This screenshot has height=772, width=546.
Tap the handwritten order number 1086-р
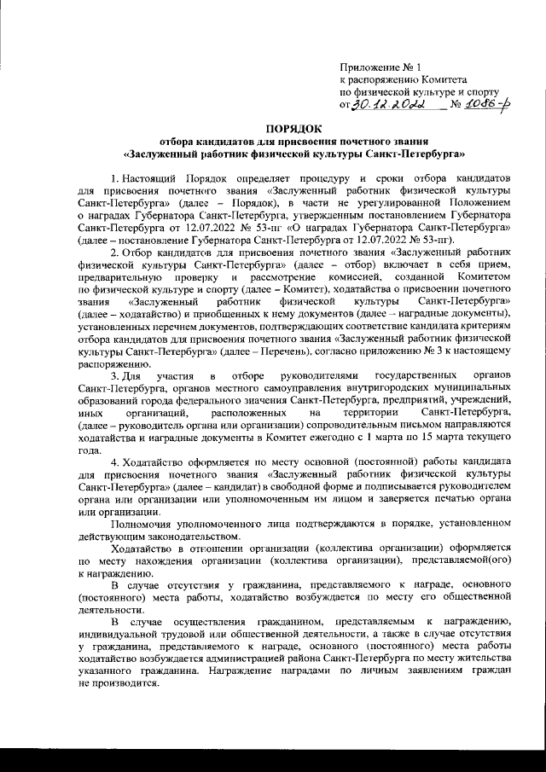pyautogui.click(x=480, y=102)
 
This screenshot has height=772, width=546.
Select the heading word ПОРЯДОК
pyautogui.click(x=272, y=126)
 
